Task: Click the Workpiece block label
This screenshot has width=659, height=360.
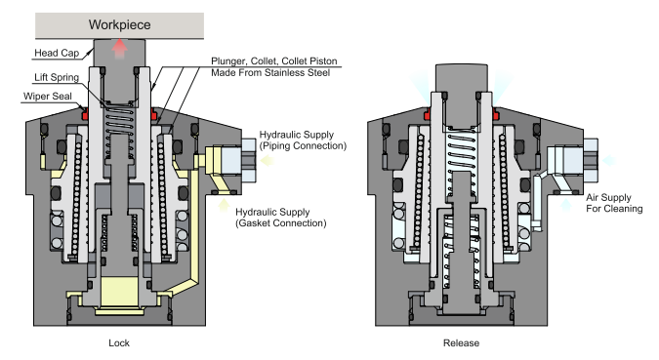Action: pos(119,24)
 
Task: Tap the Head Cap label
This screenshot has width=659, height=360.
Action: pos(57,53)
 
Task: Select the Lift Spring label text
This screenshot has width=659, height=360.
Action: pos(57,77)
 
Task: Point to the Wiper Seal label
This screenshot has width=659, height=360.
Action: pos(48,97)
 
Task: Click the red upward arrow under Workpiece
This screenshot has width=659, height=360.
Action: pos(120,49)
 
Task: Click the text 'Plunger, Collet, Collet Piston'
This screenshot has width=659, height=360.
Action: pos(274,60)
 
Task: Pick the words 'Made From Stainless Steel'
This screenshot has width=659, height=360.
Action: pos(270,72)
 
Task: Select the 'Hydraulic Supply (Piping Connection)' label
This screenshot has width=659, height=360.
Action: pos(303,140)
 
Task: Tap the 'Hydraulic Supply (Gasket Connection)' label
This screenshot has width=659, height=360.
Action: pos(281,218)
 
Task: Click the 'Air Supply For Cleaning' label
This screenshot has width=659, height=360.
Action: pos(614,203)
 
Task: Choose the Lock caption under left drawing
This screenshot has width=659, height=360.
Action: pos(119,342)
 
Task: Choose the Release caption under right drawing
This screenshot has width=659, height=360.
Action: pos(461,342)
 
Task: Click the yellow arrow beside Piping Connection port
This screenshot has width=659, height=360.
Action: pos(268,160)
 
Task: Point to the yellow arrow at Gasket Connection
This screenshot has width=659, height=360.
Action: pos(224,205)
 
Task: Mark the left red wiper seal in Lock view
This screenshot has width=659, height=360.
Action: pos(85,113)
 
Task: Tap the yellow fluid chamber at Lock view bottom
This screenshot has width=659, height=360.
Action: pos(120,291)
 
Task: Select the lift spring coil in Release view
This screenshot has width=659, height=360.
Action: pos(462,150)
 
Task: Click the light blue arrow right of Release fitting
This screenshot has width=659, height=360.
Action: pos(609,160)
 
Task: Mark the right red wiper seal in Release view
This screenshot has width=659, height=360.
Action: pos(496,113)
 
